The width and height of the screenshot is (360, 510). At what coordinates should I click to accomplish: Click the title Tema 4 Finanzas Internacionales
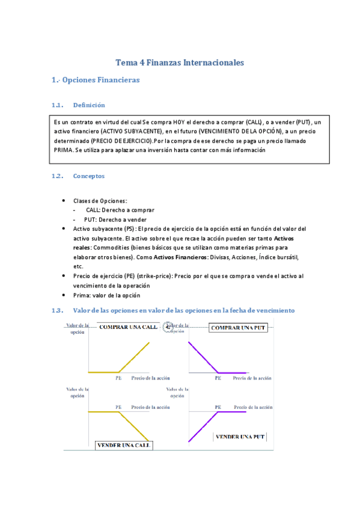click(180, 62)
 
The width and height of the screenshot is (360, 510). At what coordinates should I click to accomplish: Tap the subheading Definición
click(89, 105)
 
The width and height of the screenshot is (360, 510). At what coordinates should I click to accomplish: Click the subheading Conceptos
click(88, 176)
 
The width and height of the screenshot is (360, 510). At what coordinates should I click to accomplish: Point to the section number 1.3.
click(58, 310)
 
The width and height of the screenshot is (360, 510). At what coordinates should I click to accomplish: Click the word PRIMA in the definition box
click(64, 150)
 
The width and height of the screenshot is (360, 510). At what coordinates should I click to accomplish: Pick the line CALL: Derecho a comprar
click(120, 210)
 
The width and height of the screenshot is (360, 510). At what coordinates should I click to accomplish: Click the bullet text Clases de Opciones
click(100, 200)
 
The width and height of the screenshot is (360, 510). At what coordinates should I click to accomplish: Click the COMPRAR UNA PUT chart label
click(238, 327)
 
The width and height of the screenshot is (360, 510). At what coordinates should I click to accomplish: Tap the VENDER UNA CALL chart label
click(124, 446)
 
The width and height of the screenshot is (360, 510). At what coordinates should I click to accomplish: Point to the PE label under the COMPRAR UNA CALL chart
click(118, 378)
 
